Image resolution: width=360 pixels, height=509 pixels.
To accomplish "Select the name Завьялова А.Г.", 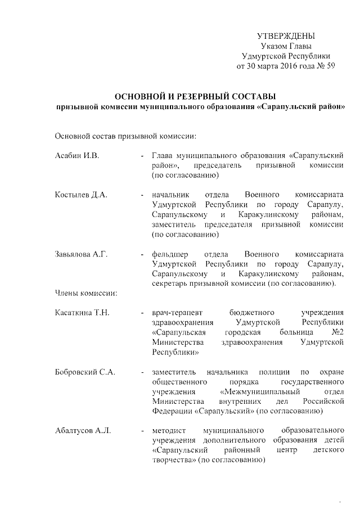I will point(82,254).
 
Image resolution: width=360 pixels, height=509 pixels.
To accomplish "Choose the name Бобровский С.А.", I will point(85,372).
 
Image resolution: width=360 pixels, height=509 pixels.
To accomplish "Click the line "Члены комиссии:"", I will point(85,292).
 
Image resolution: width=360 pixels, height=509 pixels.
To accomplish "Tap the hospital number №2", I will point(337,332).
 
